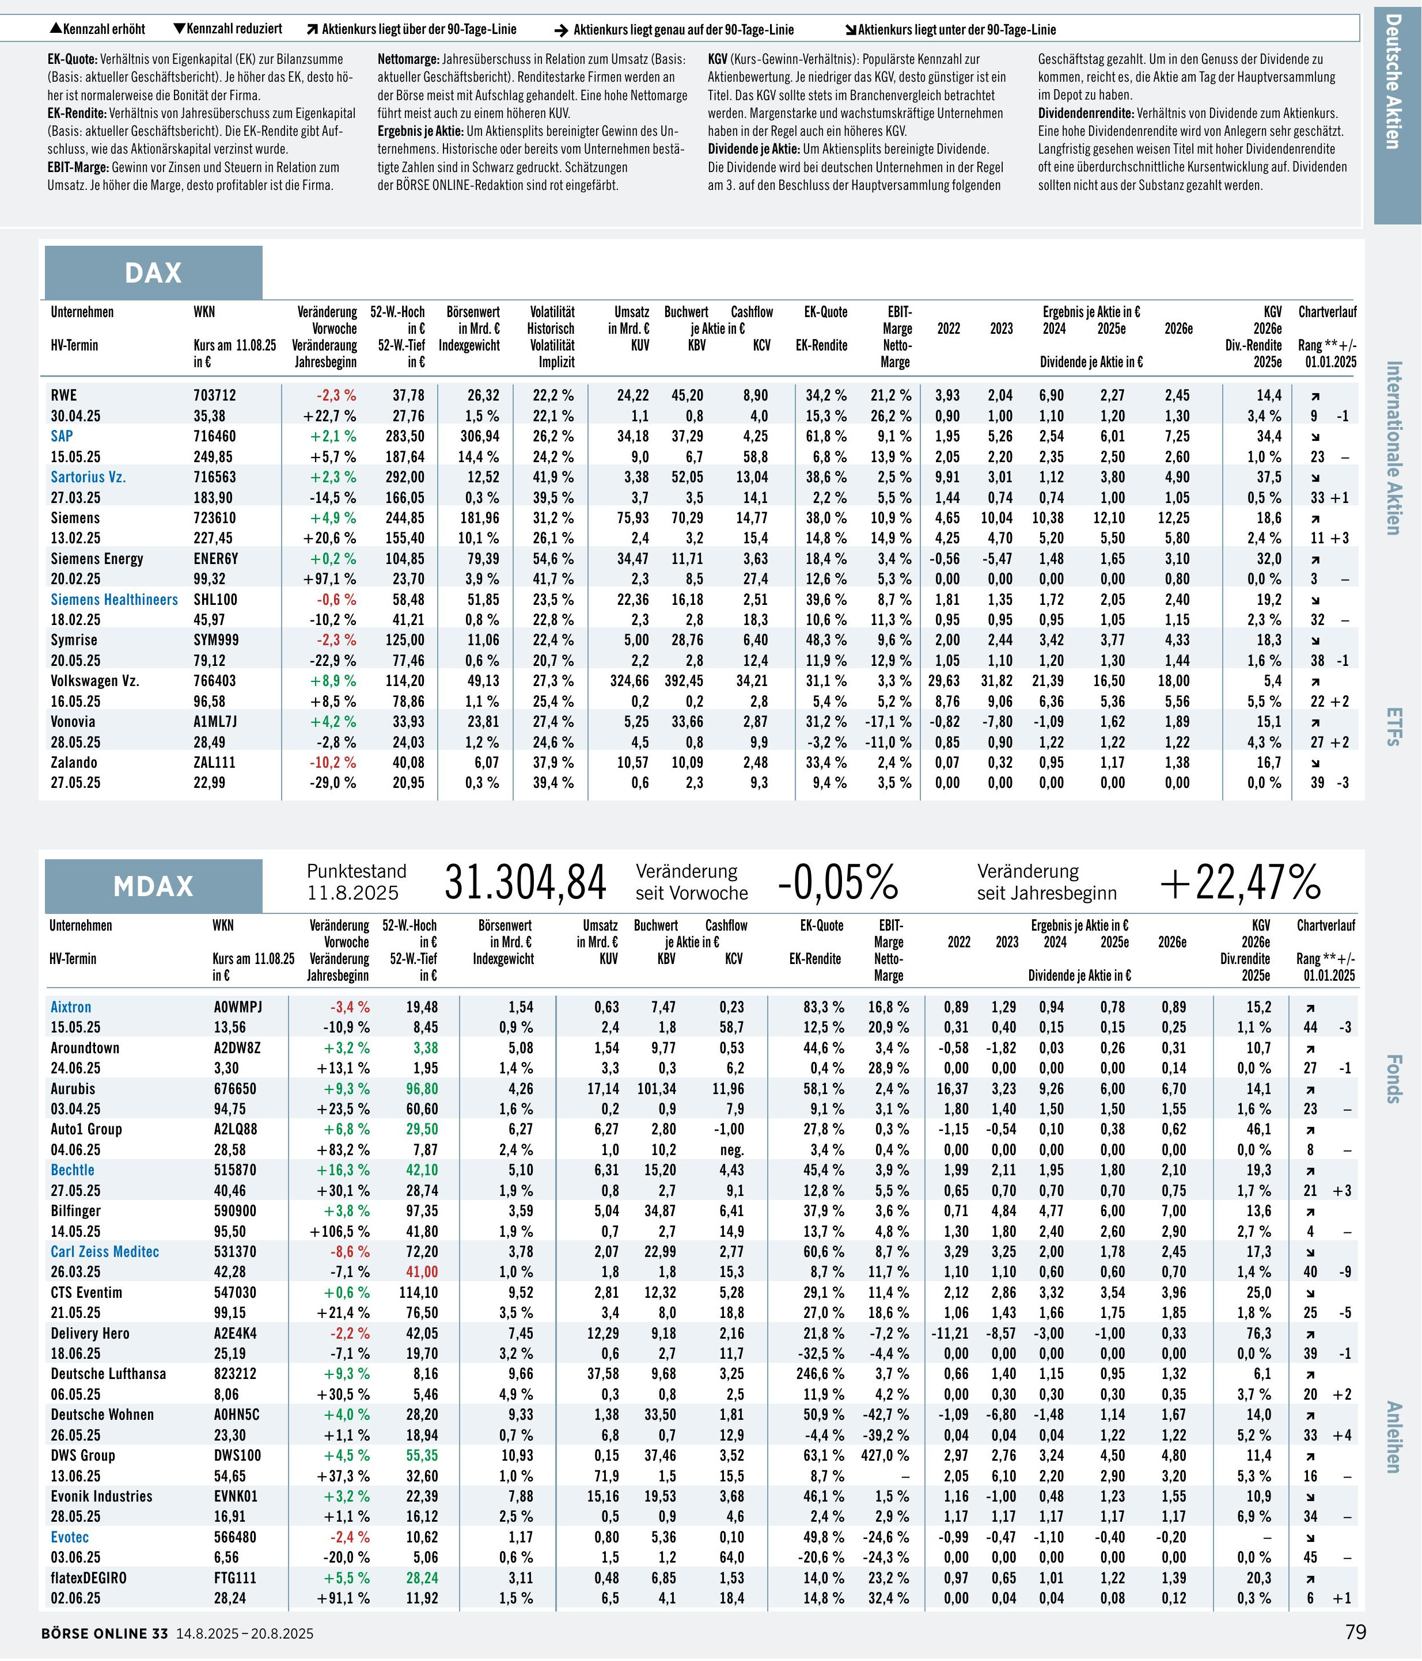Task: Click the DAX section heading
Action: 153,273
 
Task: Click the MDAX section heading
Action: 153,886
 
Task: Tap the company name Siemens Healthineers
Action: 114,600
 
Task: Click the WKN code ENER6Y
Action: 216,559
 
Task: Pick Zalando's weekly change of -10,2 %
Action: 333,763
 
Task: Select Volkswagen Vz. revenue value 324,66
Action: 630,681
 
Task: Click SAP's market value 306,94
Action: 480,436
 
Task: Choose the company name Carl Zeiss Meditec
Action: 105,1251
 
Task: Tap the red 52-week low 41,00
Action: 422,1271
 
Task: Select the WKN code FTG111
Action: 234,1577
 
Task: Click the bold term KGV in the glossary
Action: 718,59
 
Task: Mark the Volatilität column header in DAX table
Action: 552,312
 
